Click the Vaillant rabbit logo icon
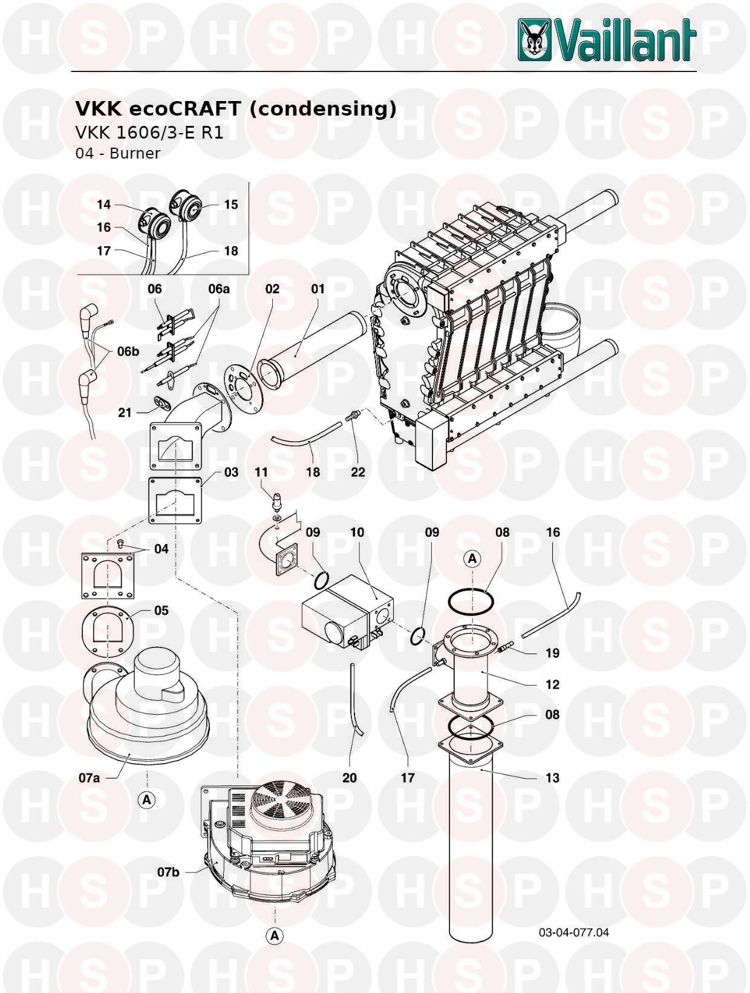click(535, 40)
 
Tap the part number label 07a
click(90, 778)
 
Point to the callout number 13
click(552, 778)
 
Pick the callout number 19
click(552, 653)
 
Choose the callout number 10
click(357, 532)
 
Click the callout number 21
click(125, 413)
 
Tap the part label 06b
click(128, 352)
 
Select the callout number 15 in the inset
click(231, 205)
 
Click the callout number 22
click(357, 472)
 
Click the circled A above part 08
click(472, 559)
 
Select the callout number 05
click(161, 611)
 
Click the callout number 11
click(261, 472)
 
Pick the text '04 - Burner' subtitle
click(117, 153)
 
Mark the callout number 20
click(350, 778)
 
